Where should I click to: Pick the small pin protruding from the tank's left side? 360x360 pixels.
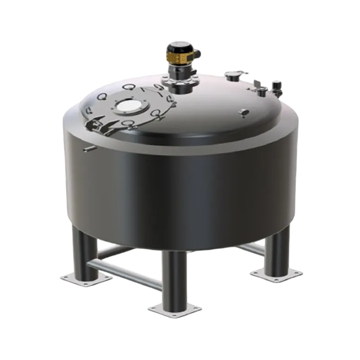pyautogui.click(x=89, y=148)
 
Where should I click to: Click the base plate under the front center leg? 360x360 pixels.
pyautogui.click(x=172, y=310)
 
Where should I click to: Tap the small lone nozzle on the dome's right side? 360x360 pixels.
pyautogui.click(x=244, y=112)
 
